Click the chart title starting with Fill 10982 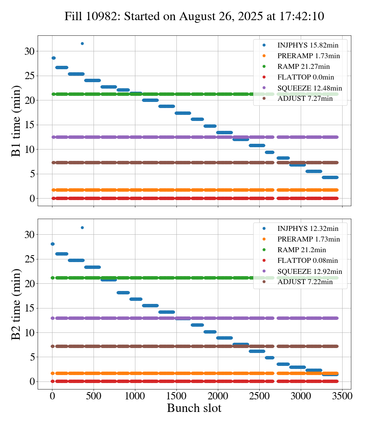(194, 16)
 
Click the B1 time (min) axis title (16, 121)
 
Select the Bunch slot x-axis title (194, 409)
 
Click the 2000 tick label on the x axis (218, 396)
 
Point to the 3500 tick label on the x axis (342, 396)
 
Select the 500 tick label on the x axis (94, 396)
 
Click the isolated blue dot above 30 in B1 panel (82, 43)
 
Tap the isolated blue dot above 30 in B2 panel (82, 227)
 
